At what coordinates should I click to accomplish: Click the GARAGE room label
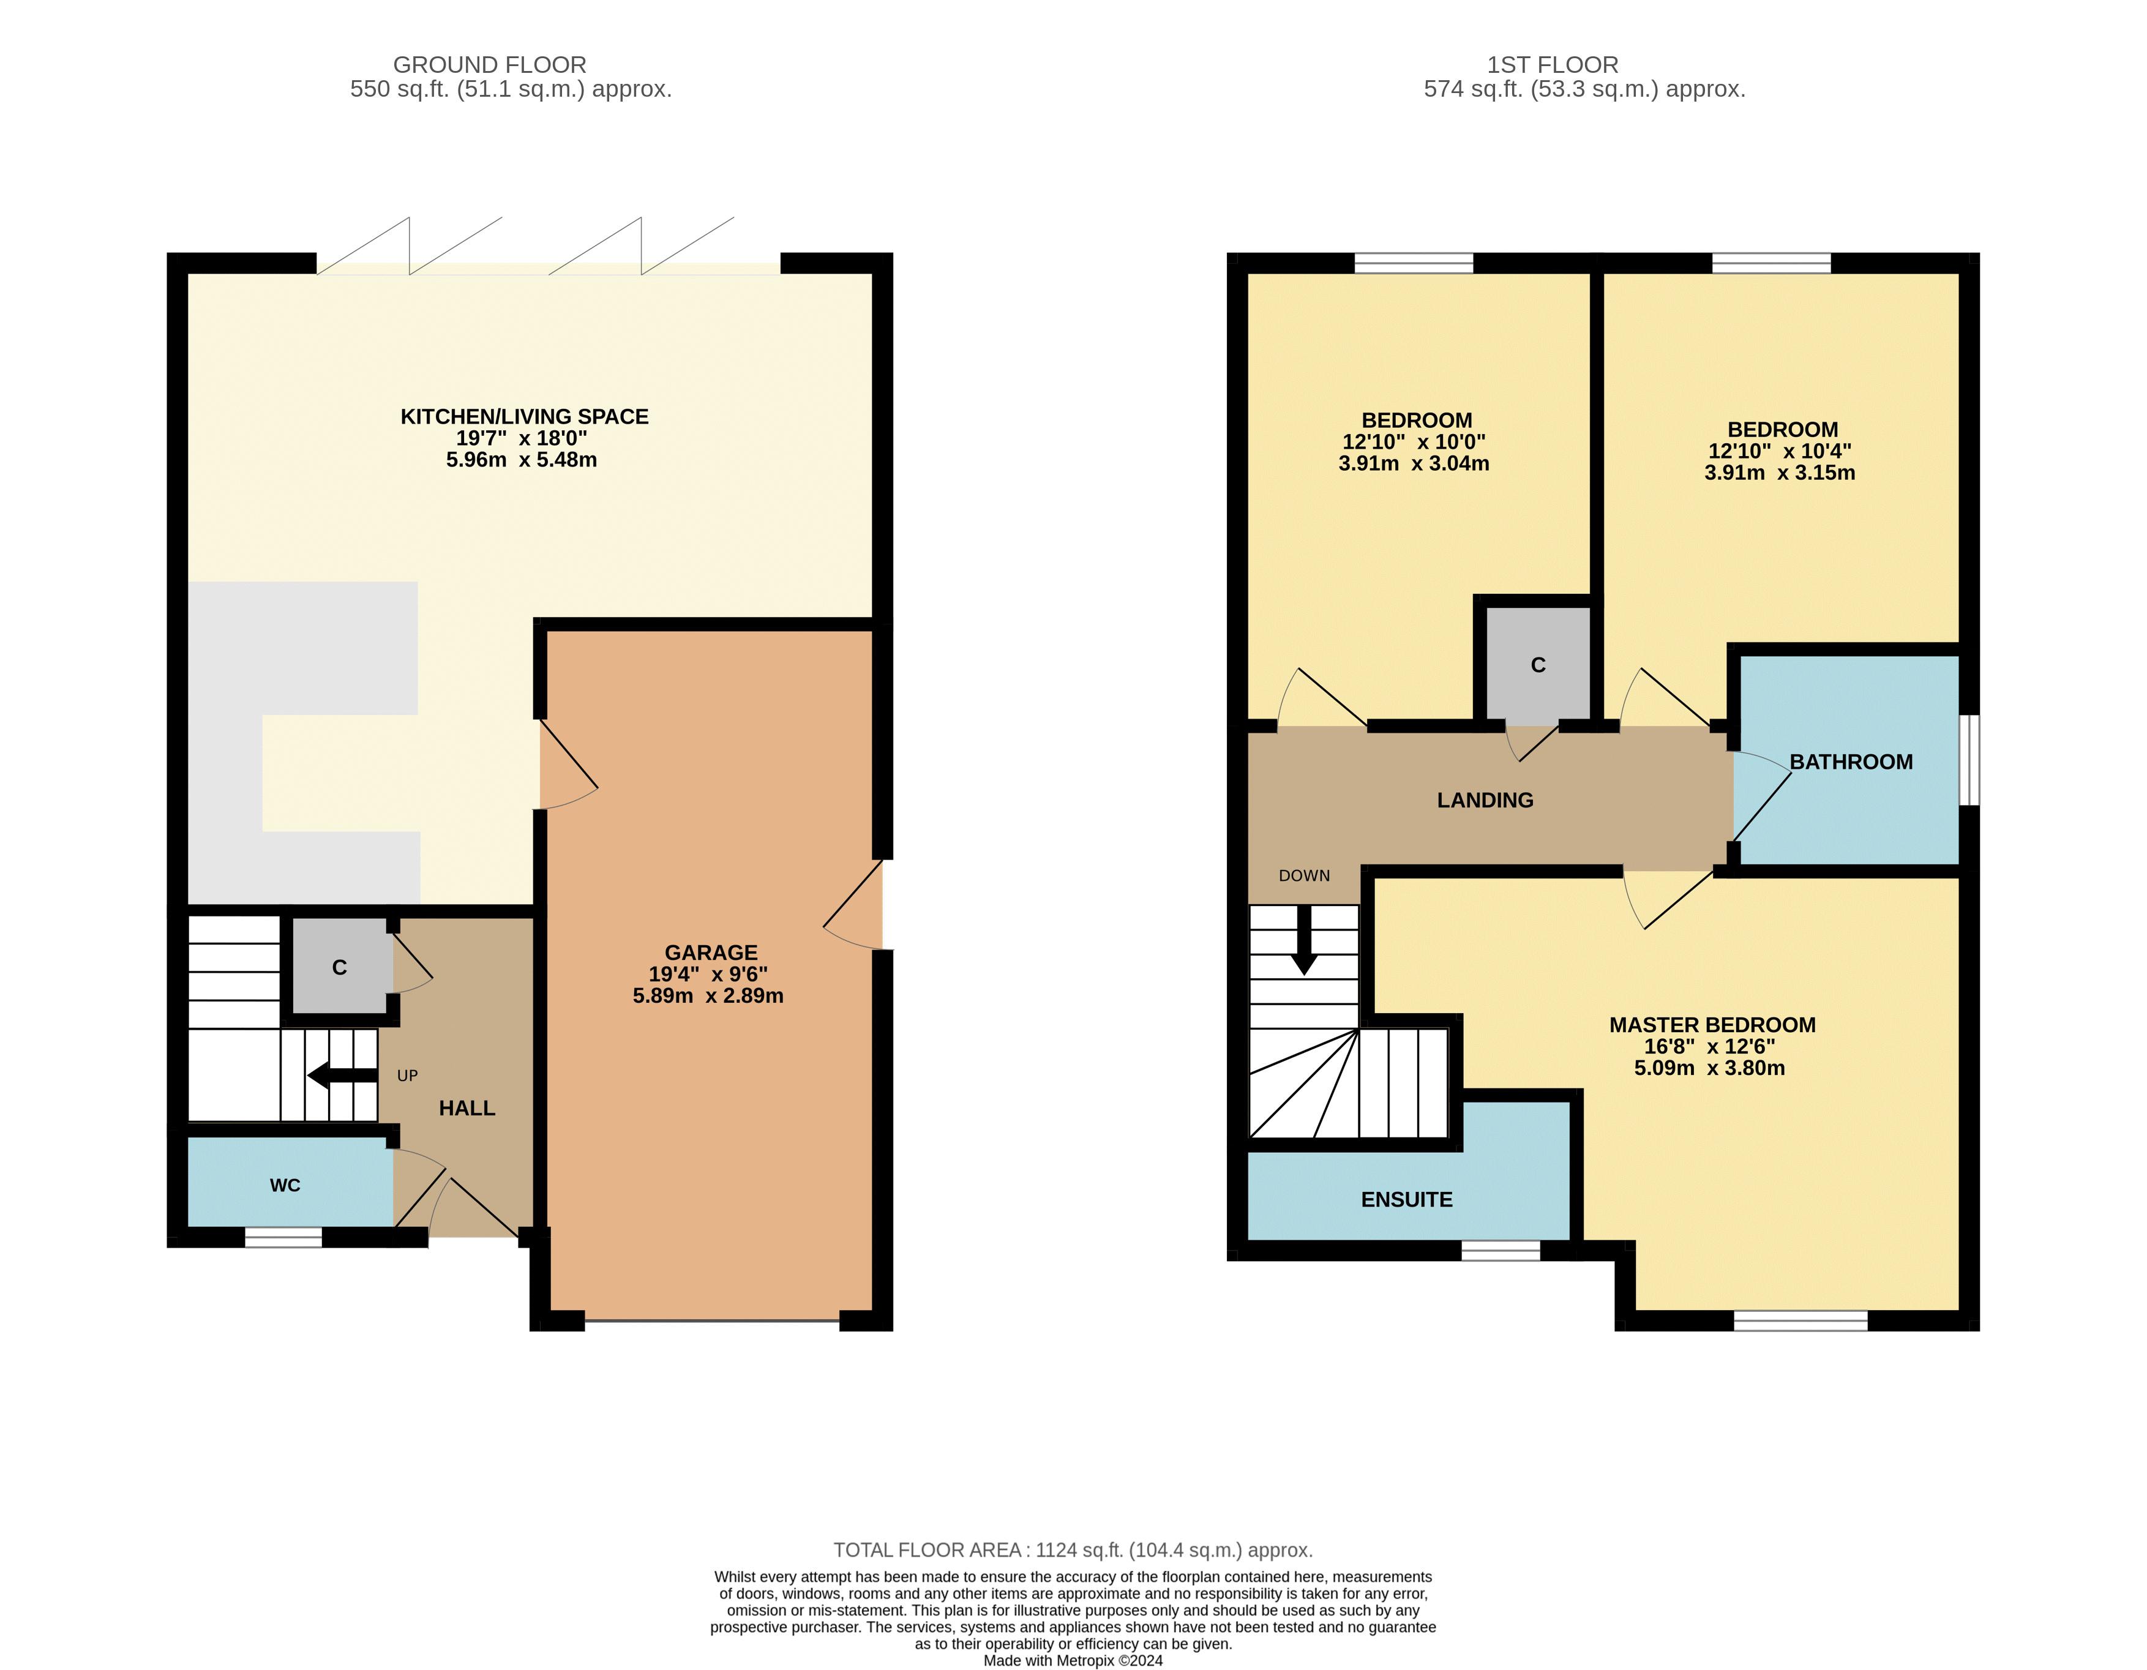tap(711, 953)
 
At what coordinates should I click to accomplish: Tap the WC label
tap(285, 1185)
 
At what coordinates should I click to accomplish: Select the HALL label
tap(467, 1109)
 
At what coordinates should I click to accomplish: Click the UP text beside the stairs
tap(407, 1076)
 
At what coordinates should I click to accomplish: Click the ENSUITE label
tap(1407, 1199)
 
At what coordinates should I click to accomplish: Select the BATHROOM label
tap(1851, 762)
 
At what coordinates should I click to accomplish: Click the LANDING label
tap(1485, 800)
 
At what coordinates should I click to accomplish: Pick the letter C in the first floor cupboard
tap(1538, 665)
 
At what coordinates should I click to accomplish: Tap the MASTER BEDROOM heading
tap(1712, 1024)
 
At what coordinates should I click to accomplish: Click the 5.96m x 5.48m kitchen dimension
tap(522, 460)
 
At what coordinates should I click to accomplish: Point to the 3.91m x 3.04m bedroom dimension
tap(1414, 464)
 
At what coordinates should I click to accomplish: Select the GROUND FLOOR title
tap(490, 65)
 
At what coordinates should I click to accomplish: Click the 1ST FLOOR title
tap(1553, 65)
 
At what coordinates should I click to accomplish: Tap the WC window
tap(283, 1238)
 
